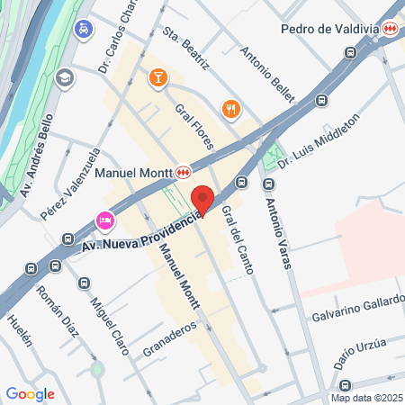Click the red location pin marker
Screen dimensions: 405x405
coord(202,199)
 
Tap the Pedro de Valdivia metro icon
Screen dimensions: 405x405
coord(390,29)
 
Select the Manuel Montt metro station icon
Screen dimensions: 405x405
coord(184,171)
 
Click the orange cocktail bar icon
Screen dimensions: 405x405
coord(158,78)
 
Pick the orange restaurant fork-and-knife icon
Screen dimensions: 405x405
coord(230,109)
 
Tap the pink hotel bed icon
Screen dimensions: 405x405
coord(104,220)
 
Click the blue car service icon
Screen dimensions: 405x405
coord(84,30)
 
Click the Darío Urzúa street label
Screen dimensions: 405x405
coord(361,350)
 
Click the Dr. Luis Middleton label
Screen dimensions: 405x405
coord(319,140)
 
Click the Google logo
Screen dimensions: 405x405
coord(30,393)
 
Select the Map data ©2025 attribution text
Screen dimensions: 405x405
coord(366,398)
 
